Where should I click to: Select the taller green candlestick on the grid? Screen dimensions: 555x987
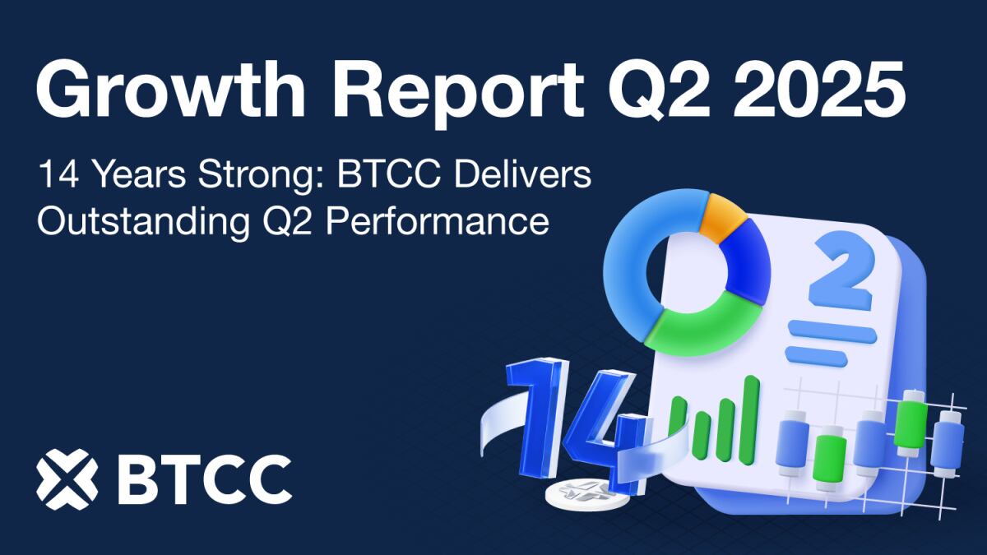(x=911, y=422)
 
